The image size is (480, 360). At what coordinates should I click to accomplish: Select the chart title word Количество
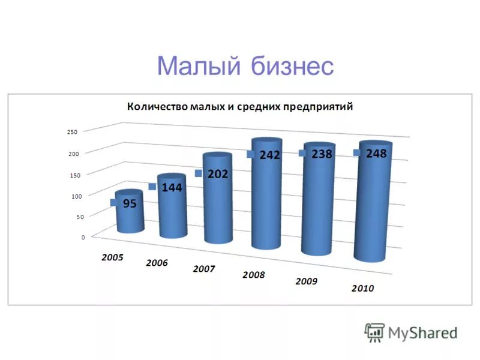coord(157,107)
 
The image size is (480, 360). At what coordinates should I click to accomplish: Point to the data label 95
coord(130,203)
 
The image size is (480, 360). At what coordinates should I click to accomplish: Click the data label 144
coord(172,188)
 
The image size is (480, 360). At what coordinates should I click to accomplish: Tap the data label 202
coord(217,174)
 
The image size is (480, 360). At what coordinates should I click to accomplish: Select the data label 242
coord(270,155)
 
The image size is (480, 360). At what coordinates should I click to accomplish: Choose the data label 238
coord(322,154)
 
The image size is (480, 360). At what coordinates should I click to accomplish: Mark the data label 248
coord(376,154)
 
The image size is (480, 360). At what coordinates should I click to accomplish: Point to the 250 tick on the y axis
coord(73,132)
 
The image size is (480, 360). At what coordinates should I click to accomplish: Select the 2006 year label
coord(157,263)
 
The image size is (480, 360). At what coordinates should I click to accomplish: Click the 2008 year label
coord(253,275)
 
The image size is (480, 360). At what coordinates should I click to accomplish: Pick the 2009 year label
coord(307,281)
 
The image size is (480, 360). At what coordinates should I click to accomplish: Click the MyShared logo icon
coord(375,332)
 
